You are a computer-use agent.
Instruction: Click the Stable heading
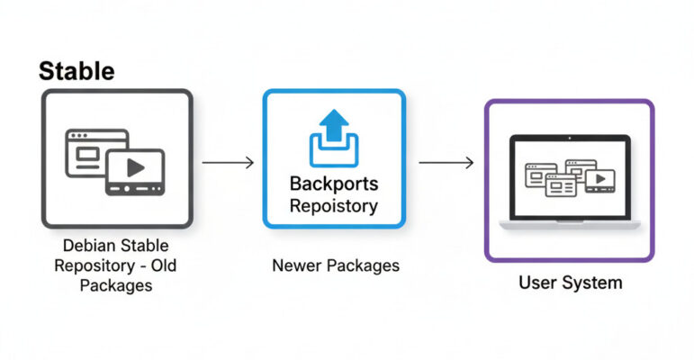[77, 70]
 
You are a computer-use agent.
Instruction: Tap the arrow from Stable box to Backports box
[228, 163]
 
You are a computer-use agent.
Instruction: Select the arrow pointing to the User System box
[446, 163]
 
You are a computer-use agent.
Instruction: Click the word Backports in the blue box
[334, 184]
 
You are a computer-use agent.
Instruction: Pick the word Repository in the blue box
[334, 205]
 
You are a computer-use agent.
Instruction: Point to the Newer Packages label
[335, 265]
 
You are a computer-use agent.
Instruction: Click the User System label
[570, 283]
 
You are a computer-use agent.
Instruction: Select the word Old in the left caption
[166, 265]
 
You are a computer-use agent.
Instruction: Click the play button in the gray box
[135, 168]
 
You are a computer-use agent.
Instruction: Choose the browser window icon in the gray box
[91, 152]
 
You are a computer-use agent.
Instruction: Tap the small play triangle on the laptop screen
[598, 179]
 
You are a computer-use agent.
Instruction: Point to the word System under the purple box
[591, 283]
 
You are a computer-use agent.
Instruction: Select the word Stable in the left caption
[144, 245]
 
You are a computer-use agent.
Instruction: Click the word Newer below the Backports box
[296, 265]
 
